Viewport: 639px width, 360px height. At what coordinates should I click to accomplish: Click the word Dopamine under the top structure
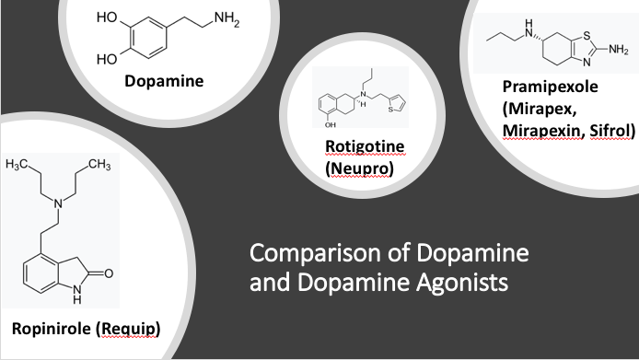click(x=165, y=81)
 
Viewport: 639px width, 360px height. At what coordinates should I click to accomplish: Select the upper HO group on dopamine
click(x=107, y=18)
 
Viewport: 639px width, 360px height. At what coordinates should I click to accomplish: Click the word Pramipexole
click(x=551, y=89)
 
